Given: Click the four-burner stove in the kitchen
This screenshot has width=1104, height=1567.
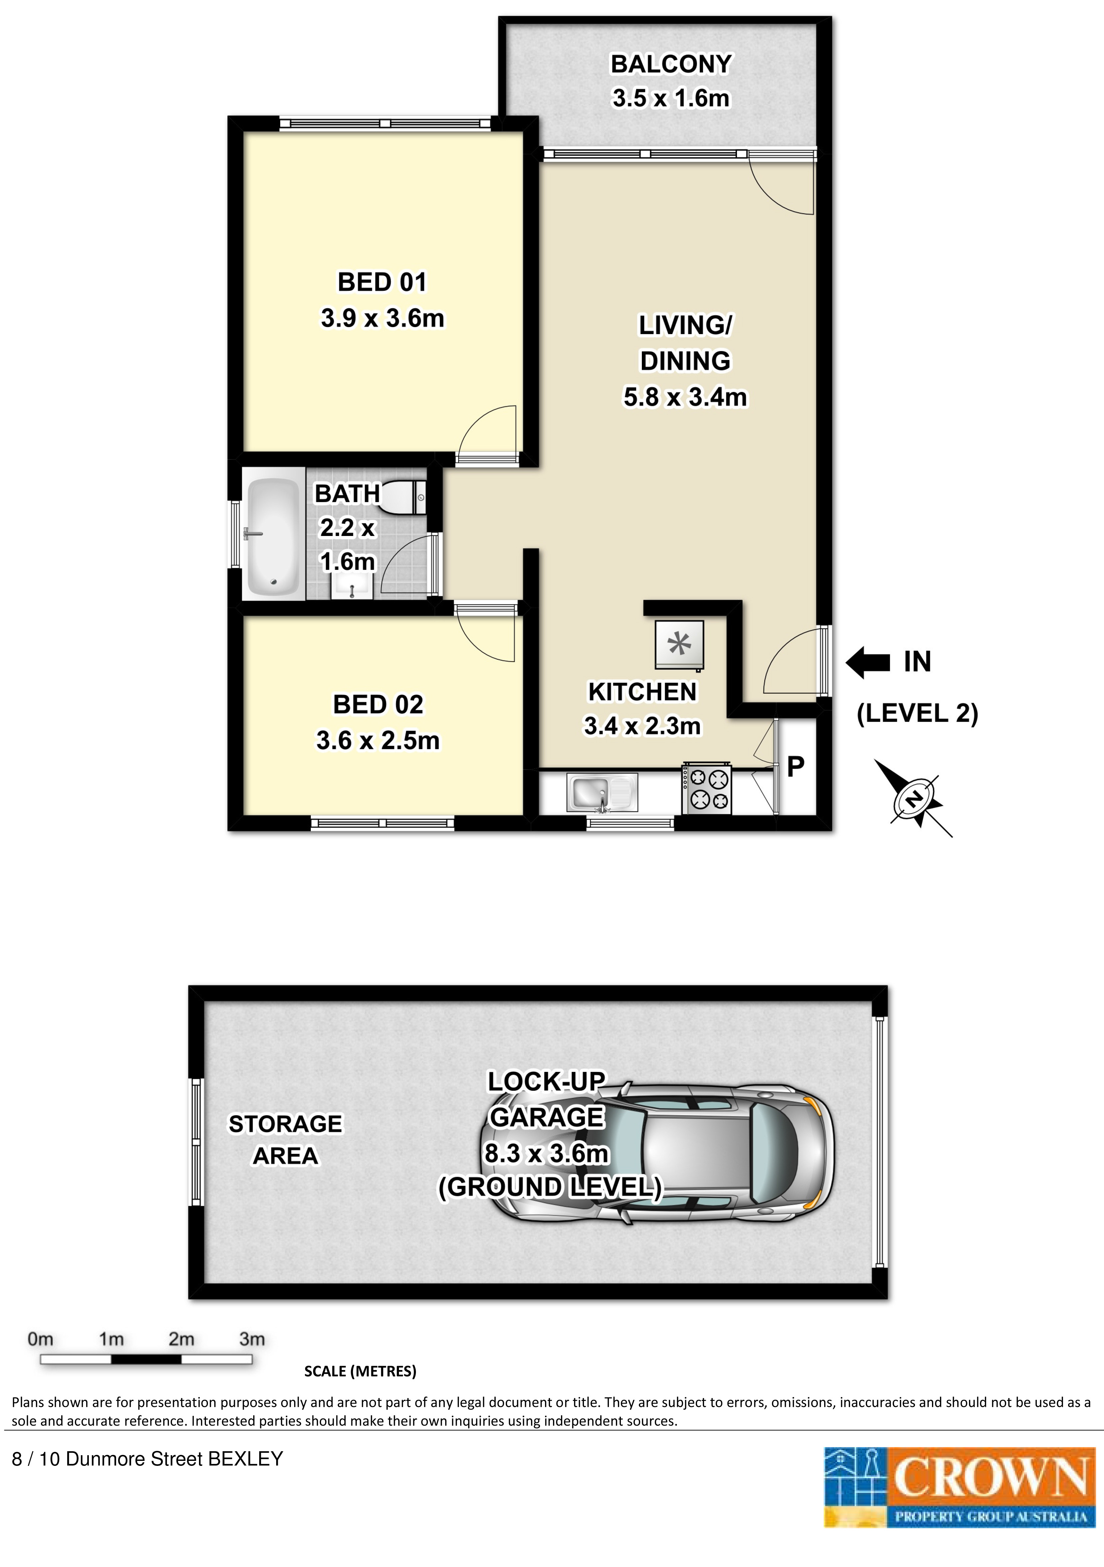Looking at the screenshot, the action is (x=706, y=789).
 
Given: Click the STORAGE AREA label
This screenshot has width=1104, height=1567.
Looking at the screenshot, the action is (x=285, y=1140).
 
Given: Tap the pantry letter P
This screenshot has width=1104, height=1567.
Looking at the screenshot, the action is (x=796, y=767).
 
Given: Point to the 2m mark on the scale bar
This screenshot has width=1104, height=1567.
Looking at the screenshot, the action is (x=182, y=1339).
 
